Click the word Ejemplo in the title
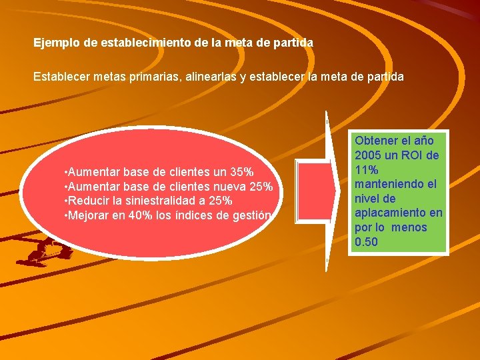58,43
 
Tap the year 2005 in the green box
369,155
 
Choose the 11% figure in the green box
367,169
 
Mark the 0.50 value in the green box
367,241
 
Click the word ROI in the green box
414,155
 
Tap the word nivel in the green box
367,198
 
